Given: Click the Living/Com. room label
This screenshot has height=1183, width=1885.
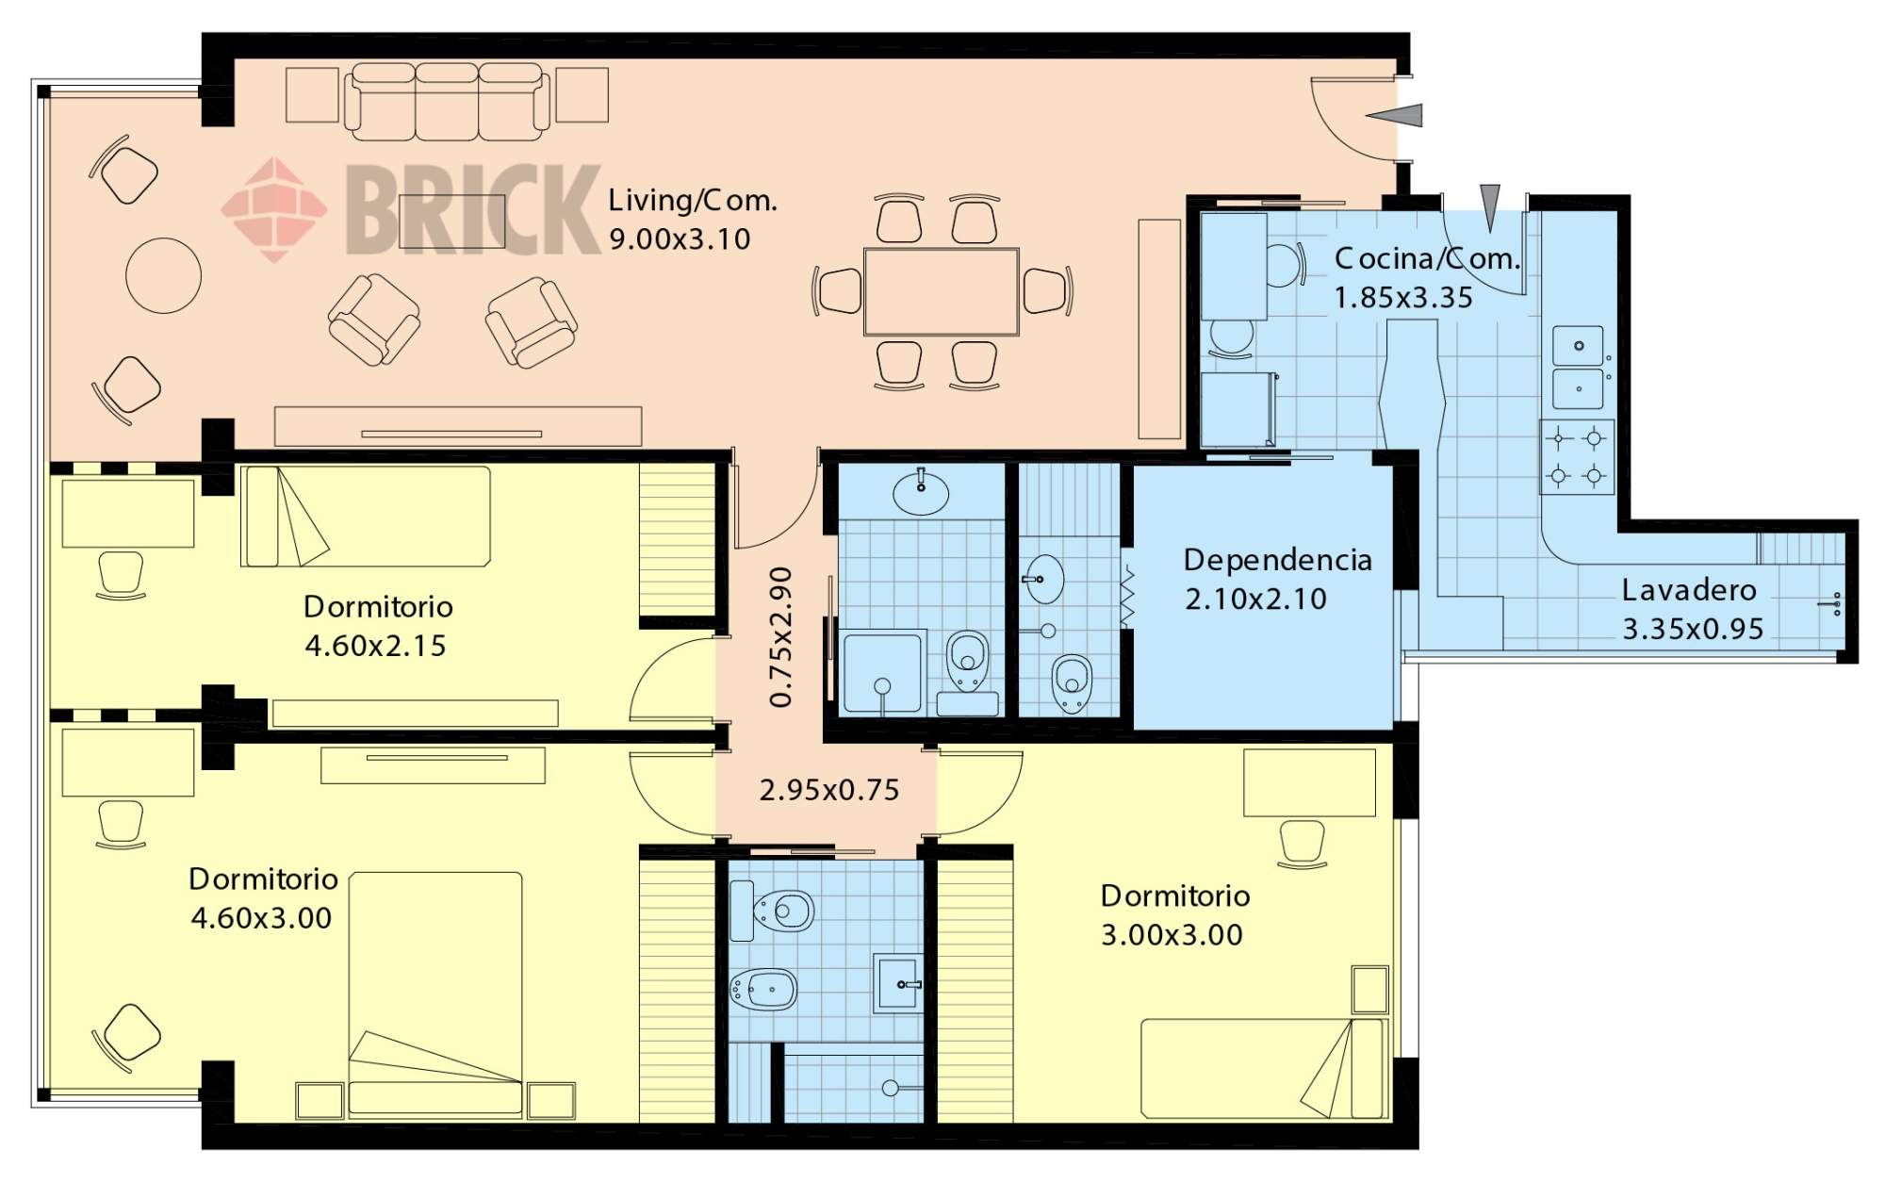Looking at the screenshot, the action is [692, 201].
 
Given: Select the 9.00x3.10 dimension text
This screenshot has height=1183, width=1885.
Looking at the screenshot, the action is [680, 239].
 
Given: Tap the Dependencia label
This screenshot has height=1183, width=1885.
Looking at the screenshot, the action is [1277, 560].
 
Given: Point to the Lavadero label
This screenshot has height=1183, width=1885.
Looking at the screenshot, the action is [1689, 590].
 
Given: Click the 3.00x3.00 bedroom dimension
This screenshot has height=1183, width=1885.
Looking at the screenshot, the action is [1172, 935].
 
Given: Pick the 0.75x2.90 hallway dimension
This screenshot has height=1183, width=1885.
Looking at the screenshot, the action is [781, 637].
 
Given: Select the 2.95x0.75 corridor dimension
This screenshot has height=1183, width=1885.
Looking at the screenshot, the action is [829, 790].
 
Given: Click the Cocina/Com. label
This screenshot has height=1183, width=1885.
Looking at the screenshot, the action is [1427, 258].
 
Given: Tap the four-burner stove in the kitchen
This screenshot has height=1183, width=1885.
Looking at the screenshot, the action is [1577, 457].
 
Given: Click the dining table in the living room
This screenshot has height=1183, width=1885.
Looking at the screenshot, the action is [942, 291].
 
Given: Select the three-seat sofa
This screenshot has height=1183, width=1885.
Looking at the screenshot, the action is [447, 102].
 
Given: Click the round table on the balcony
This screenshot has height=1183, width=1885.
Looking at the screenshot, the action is [163, 275].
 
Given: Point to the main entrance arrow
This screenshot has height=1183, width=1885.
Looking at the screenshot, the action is [1393, 115].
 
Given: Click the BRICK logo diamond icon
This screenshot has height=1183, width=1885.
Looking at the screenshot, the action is [274, 209].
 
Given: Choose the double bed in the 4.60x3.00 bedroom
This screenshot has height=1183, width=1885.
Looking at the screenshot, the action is [435, 995].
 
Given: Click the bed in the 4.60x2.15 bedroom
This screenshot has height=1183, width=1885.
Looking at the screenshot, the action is [366, 517].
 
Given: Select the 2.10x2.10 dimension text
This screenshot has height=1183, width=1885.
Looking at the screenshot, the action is [1255, 600].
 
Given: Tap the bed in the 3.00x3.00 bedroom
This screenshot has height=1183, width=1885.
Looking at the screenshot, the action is [1263, 1069].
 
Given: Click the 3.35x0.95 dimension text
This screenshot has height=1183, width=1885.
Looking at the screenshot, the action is [1693, 630].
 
